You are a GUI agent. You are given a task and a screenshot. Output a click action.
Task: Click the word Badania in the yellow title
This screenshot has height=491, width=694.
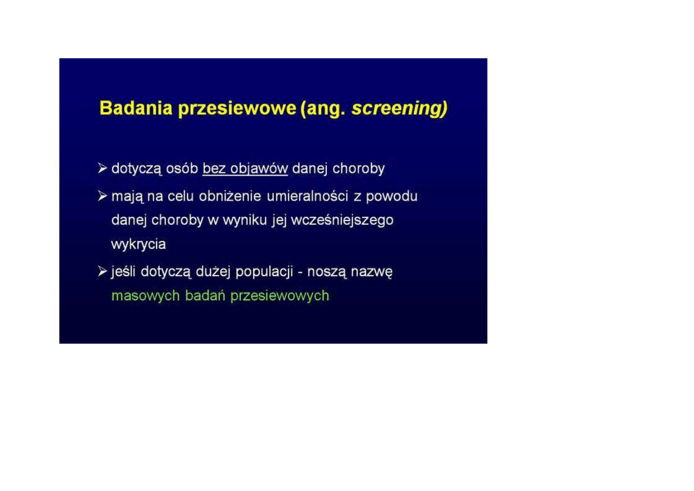click(136, 108)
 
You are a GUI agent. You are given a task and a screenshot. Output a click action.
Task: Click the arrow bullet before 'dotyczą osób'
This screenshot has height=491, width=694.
click(103, 168)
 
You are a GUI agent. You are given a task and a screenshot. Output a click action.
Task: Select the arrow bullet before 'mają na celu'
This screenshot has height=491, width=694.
click(103, 196)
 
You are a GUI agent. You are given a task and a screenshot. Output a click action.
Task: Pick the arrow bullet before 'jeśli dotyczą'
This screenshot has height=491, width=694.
click(103, 271)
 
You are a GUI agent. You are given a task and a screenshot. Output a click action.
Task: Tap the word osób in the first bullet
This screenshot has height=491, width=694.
click(182, 169)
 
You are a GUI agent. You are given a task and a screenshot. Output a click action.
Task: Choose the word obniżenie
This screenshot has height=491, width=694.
click(230, 196)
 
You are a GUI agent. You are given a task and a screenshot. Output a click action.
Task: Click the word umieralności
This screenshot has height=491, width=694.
click(307, 196)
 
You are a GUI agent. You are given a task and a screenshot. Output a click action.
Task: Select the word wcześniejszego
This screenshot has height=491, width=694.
click(342, 220)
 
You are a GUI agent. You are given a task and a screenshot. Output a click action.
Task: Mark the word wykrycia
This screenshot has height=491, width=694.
click(138, 245)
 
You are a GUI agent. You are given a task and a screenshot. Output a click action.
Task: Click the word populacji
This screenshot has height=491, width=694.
click(264, 272)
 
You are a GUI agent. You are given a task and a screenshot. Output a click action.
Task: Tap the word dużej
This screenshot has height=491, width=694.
click(213, 272)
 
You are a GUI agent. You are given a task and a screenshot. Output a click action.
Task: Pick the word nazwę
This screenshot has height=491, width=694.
click(371, 272)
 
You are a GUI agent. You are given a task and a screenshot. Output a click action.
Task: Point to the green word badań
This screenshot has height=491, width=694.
click(205, 295)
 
